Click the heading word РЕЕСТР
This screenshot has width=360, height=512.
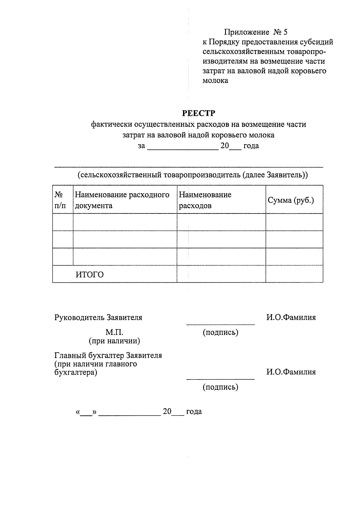coord(199,113)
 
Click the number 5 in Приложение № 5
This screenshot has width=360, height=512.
coord(285,32)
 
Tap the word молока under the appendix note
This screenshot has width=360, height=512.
coord(215,81)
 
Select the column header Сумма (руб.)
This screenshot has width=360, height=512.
coord(291,200)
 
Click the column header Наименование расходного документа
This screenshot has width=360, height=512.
coord(122,200)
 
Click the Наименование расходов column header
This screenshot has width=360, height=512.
coord(205,200)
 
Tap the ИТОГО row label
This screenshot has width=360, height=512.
coord(89,275)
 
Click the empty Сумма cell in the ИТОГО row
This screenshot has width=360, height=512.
coord(294,274)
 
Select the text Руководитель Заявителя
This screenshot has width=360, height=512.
coord(98,317)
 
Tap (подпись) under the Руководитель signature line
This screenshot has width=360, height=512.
coord(220,332)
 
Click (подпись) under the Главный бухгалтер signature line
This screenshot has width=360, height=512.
coord(220,387)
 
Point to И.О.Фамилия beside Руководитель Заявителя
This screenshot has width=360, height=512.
coord(291,317)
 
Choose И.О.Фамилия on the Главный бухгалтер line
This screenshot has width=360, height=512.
coord(291,372)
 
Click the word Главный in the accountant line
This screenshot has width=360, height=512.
coord(70,356)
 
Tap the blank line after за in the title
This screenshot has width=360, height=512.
coord(183,147)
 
